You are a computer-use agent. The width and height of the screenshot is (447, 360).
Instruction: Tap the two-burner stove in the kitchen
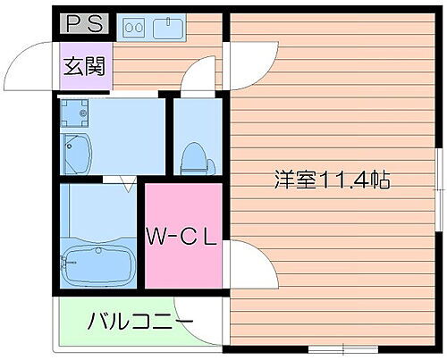[133, 28]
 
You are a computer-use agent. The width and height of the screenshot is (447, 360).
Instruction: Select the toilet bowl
[195, 160]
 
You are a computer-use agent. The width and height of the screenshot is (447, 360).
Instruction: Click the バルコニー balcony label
[139, 321]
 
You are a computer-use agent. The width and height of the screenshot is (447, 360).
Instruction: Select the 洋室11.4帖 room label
[331, 180]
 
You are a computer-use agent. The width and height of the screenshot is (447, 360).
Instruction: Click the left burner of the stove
[128, 28]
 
